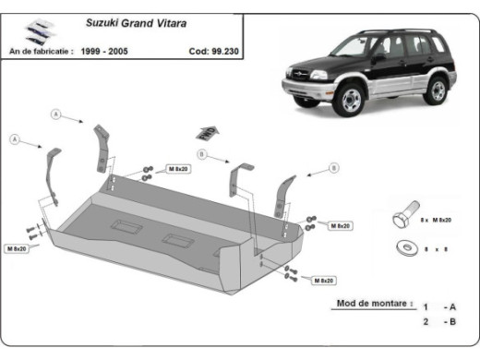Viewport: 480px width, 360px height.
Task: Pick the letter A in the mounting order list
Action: [453, 306]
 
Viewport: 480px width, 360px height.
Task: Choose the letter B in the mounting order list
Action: [453, 321]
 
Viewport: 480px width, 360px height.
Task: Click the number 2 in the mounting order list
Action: [426, 321]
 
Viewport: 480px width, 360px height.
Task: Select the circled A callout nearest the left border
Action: [15, 139]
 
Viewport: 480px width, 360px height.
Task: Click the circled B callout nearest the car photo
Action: [333, 168]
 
